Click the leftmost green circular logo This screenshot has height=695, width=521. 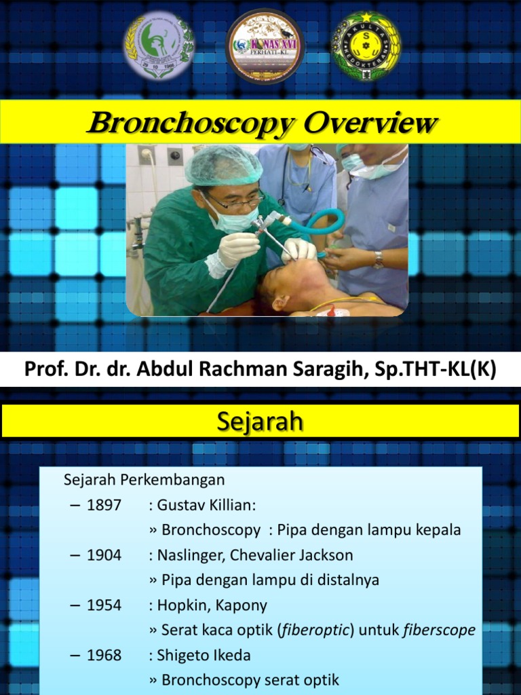click(x=159, y=45)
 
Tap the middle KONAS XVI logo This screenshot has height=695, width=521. click(x=265, y=46)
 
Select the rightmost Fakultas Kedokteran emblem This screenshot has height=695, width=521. click(x=366, y=46)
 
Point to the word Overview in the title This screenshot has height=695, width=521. click(x=369, y=124)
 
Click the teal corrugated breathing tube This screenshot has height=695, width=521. click(x=319, y=225)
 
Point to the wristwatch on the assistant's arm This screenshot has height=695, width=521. click(x=378, y=259)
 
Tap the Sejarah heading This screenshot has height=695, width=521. click(x=260, y=421)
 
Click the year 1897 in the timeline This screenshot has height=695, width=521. click(x=104, y=505)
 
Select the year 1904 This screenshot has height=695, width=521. click(x=104, y=555)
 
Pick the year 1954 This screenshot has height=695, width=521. click(x=104, y=605)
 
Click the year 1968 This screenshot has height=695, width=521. click(x=104, y=656)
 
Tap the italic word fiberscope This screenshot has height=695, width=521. click(x=439, y=631)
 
